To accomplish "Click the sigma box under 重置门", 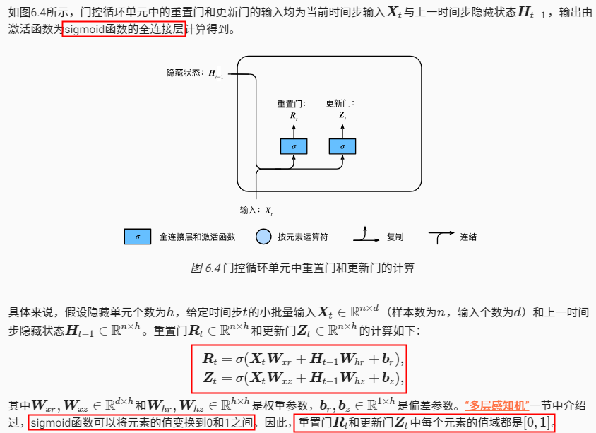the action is [x=293, y=146].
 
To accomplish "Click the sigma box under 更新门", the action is [x=342, y=146].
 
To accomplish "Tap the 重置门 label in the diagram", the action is [x=291, y=103].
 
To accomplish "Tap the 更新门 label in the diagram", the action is [x=340, y=103].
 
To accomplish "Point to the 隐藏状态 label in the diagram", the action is [x=184, y=72].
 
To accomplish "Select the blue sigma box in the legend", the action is [x=138, y=237].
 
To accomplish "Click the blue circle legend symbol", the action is [x=263, y=237].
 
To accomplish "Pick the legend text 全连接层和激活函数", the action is [x=197, y=237].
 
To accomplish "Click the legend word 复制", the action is [x=395, y=237].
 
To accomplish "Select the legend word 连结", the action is [x=468, y=237].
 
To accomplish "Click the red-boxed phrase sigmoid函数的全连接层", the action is [x=124, y=30].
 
